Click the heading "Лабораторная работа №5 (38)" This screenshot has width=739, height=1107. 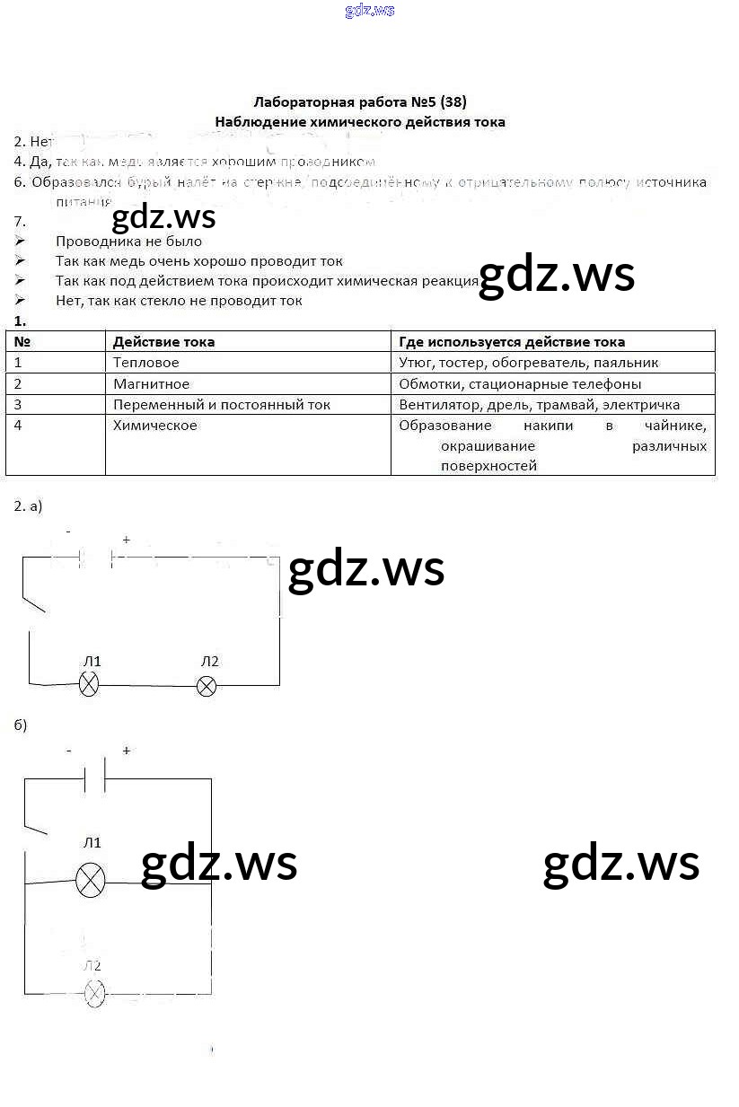tap(360, 101)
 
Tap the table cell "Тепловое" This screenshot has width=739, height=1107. tap(145, 363)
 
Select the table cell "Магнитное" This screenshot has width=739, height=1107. tap(151, 384)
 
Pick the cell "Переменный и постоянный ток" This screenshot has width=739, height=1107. tap(221, 405)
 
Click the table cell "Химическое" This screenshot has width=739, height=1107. tap(154, 426)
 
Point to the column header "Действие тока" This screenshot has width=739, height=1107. tap(163, 342)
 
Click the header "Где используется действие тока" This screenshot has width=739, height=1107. tap(512, 342)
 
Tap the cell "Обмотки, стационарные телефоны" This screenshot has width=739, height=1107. tap(520, 384)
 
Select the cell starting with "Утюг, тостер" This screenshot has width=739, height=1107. tap(529, 363)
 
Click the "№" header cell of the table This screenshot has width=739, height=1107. tap(24, 342)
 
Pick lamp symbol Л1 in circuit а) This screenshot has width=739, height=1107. tap(89, 686)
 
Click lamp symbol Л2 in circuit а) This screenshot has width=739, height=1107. tap(207, 687)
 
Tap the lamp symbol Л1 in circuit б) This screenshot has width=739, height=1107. tap(90, 880)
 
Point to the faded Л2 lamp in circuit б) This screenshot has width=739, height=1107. tap(93, 994)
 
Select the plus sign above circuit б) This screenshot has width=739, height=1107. tap(126, 751)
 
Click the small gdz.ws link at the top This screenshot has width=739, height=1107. tap(369, 11)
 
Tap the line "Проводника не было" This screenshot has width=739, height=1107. tap(128, 242)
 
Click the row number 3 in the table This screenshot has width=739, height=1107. tap(18, 405)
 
